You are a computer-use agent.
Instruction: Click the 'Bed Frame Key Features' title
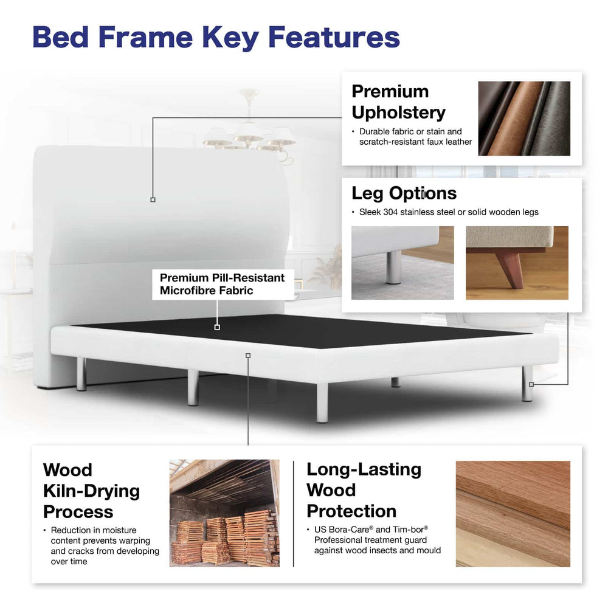click(216, 38)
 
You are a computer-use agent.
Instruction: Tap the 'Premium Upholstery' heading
click(398, 102)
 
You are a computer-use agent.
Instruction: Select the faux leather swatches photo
click(524, 119)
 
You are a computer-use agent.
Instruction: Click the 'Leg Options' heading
click(404, 193)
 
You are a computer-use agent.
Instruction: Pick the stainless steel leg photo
click(402, 263)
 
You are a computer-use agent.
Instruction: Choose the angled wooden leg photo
click(517, 263)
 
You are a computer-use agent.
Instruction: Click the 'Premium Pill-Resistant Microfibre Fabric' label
click(222, 284)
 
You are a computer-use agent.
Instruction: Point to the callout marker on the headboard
click(153, 199)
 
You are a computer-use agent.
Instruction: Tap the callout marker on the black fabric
click(217, 327)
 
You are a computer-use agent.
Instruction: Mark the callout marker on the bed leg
click(531, 384)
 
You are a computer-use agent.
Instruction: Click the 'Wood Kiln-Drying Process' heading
click(92, 491)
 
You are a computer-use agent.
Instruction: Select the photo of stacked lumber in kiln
click(224, 513)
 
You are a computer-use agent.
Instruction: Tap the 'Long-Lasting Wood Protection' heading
click(364, 490)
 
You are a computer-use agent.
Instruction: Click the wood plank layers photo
click(513, 514)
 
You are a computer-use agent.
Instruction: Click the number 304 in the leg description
click(390, 212)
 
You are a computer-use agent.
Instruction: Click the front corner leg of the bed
click(322, 402)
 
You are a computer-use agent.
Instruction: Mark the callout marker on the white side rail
click(248, 356)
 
